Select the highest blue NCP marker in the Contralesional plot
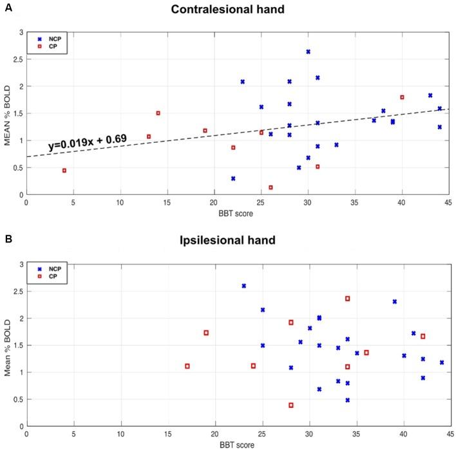point(308,51)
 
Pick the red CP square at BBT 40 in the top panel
point(402,97)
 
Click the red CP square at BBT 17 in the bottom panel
point(187,366)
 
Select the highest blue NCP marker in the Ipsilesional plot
point(243,286)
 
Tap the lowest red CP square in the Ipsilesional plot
point(291,405)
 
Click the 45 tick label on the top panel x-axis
point(449,202)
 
